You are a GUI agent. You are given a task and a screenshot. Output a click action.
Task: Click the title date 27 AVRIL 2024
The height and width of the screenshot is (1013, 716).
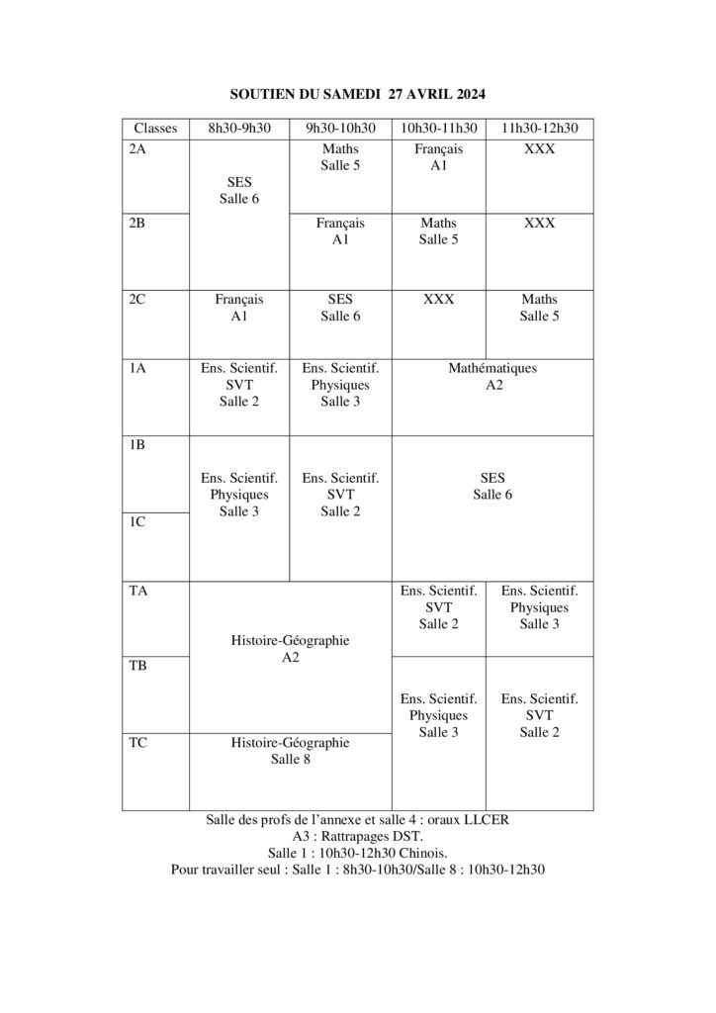point(436,93)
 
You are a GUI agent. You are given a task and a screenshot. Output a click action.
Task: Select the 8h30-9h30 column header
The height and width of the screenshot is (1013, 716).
point(238,129)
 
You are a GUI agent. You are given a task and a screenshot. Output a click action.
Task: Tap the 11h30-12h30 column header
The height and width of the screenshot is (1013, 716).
point(540,129)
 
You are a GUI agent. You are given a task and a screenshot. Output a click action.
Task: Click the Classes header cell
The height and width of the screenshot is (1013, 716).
point(155,129)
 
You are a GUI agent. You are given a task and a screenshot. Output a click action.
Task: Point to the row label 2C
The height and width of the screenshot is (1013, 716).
point(138,300)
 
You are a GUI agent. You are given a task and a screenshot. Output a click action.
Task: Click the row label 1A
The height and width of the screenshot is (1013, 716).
point(138,368)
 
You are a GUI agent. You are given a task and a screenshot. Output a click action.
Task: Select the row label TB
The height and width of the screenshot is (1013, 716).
point(138,666)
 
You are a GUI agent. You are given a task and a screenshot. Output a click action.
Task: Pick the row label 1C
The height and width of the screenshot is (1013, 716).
point(138,522)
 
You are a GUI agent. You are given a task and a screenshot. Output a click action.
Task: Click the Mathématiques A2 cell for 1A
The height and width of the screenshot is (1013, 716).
point(492,377)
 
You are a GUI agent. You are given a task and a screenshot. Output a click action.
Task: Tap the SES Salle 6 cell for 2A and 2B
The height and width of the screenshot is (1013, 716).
point(238,191)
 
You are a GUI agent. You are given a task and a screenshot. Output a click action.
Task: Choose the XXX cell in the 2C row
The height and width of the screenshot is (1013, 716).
point(438,300)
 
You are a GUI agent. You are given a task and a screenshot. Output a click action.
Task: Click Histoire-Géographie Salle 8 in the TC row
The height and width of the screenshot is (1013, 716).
point(290,751)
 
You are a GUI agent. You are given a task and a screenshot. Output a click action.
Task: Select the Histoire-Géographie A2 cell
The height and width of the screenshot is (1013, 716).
point(290,648)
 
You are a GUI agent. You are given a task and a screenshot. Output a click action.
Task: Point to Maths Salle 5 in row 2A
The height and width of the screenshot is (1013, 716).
point(340,157)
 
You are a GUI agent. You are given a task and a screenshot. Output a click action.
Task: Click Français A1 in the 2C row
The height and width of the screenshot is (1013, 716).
point(238,308)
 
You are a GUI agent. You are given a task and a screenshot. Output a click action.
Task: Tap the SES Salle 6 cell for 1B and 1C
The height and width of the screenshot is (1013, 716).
point(492,486)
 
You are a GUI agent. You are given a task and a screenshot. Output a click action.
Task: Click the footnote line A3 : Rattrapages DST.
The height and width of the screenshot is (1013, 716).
point(357,836)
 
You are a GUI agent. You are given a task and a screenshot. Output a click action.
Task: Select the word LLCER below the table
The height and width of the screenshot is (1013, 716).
point(486,819)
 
